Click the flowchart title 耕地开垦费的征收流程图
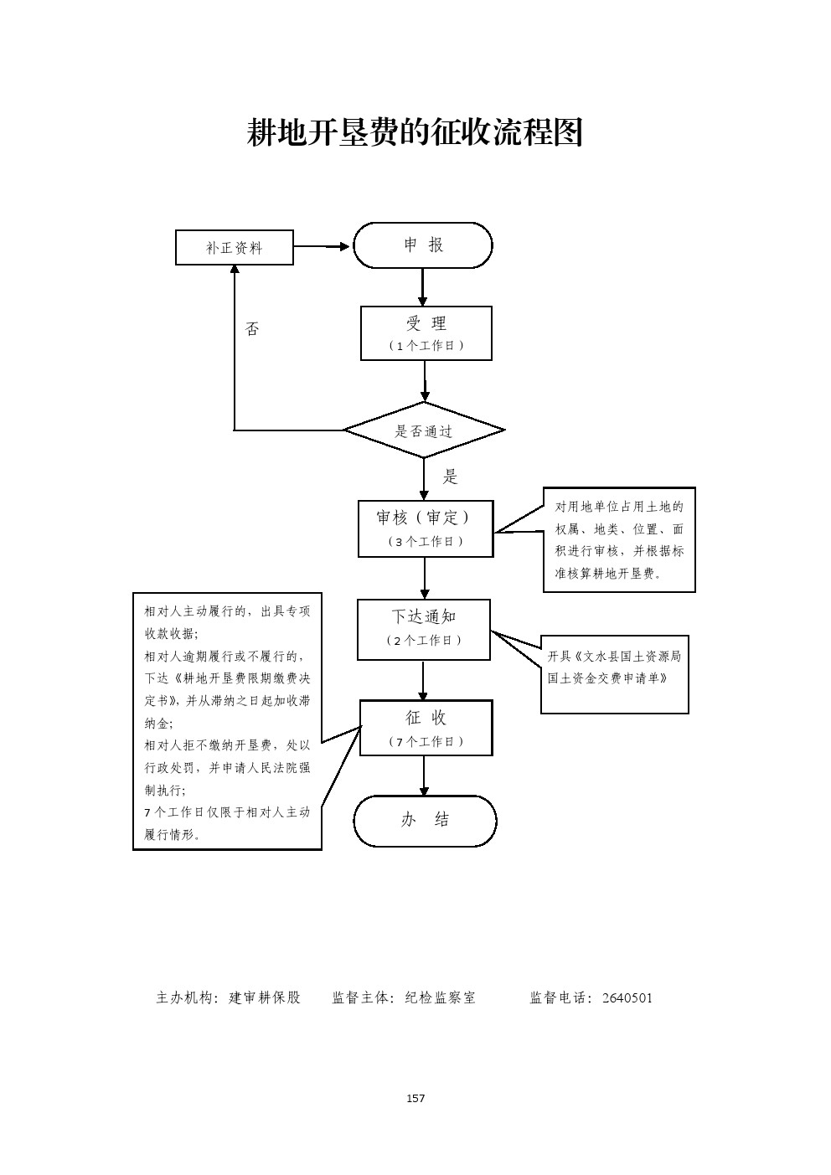pos(415,132)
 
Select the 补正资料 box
pos(235,248)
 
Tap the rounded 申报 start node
pos(423,245)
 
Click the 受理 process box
pos(426,332)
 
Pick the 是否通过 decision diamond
pos(424,430)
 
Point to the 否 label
pos(251,330)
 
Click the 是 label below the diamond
pos(451,477)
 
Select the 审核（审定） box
pos(425,528)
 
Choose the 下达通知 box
pos(424,628)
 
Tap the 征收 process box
pos(426,727)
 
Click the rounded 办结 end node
pos(425,821)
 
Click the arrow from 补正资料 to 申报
pos(323,246)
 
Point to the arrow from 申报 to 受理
pos(423,287)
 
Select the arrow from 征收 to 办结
pos(424,776)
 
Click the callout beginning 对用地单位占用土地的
pos(619,539)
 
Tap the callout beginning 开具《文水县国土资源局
pos(614,673)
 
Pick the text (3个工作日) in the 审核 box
pos(426,542)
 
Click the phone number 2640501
pos(627,997)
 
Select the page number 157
pos(415,1098)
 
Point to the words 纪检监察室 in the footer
pos(440,997)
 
